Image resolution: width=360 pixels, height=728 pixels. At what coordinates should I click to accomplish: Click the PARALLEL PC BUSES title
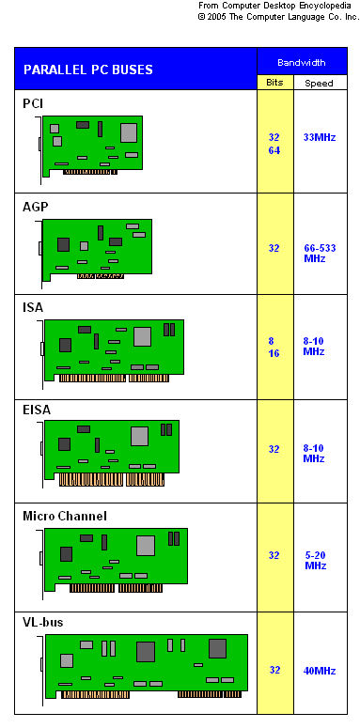[x=88, y=70]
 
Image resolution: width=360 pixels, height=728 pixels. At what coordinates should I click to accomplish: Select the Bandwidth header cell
[x=302, y=63]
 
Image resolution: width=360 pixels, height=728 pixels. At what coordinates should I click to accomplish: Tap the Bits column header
[x=274, y=83]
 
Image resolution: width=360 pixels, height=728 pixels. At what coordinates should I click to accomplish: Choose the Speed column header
[x=320, y=84]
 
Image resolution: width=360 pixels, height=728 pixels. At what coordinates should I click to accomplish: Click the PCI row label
[x=33, y=103]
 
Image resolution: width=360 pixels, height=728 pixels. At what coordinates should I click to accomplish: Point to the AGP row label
[x=36, y=207]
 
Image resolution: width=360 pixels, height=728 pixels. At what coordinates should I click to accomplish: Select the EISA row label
[x=37, y=410]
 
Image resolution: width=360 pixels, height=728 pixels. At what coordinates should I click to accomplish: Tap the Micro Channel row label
[x=65, y=516]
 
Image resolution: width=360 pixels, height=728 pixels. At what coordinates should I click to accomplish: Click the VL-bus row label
[x=42, y=623]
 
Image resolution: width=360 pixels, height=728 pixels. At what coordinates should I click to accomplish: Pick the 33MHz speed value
[x=320, y=137]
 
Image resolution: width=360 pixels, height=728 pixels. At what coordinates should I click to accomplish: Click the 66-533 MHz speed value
[x=320, y=253]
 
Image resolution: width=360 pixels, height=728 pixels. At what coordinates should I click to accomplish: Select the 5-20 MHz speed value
[x=316, y=561]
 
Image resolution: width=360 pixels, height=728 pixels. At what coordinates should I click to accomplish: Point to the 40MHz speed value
[x=320, y=671]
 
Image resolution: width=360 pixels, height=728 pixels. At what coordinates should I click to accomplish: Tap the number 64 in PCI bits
[x=274, y=151]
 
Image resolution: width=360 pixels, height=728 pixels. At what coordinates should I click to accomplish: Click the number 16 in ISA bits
[x=274, y=354]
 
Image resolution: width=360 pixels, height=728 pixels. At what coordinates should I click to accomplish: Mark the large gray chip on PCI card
[x=129, y=132]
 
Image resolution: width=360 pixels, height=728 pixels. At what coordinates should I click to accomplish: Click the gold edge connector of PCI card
[x=90, y=172]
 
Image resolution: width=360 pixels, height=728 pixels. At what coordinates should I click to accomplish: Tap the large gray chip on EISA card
[x=139, y=437]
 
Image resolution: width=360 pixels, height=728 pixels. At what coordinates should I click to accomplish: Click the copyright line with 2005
[x=279, y=17]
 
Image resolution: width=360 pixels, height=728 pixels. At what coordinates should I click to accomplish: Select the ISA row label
[x=33, y=308]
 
